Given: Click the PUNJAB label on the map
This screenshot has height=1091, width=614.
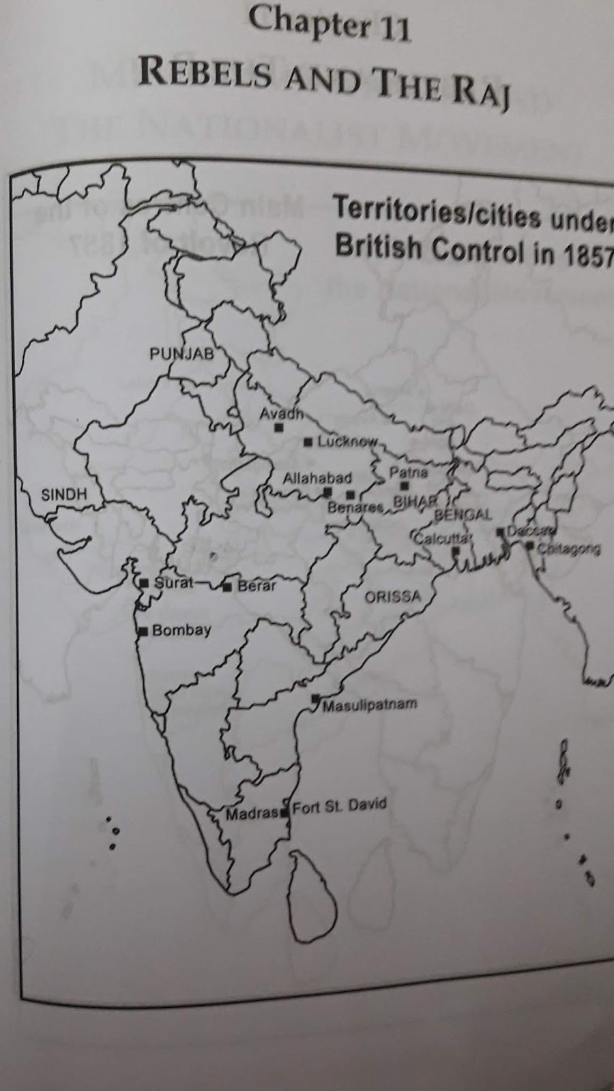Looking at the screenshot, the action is (181, 353).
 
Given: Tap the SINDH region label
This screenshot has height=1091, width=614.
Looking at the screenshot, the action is (64, 494).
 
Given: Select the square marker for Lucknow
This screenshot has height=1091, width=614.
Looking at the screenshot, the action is (308, 443).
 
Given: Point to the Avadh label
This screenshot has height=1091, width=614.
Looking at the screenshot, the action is (280, 414).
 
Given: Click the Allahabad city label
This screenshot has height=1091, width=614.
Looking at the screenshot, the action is (317, 478).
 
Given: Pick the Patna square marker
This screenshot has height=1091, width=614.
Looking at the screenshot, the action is (405, 486).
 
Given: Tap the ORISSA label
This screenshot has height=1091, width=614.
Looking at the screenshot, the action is (392, 597).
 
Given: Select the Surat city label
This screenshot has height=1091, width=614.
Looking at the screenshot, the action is (173, 583).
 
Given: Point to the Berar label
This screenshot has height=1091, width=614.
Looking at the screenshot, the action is (257, 585).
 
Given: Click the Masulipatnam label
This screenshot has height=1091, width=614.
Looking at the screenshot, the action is (369, 705).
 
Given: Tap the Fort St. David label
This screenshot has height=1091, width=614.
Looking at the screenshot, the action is (339, 806).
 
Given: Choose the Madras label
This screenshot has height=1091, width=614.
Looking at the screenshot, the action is (252, 813).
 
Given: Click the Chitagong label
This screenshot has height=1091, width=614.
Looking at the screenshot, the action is (568, 548).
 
